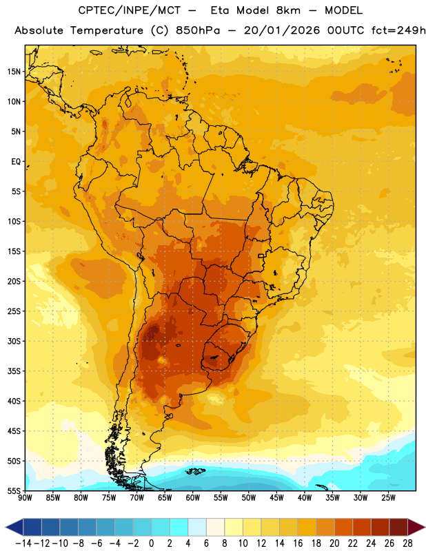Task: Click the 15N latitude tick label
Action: pos(14,72)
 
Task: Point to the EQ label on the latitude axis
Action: pos(16,162)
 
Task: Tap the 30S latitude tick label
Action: pos(14,341)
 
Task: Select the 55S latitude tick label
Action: pos(14,490)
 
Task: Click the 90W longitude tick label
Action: pos(25,498)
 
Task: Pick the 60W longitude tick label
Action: pos(193,498)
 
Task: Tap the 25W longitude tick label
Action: pos(388,498)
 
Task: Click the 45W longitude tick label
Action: pos(276,498)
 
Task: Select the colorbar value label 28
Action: pos(407,543)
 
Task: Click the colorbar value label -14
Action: pos(23,543)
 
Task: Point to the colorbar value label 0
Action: pos(151,543)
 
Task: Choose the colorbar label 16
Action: pos(298,543)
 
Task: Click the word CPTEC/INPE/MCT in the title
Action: pos(129,10)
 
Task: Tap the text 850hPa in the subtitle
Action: pos(198,30)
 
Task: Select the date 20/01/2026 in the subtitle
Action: pos(282,30)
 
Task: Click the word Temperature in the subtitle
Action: pos(107,30)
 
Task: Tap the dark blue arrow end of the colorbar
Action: pos(14,527)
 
